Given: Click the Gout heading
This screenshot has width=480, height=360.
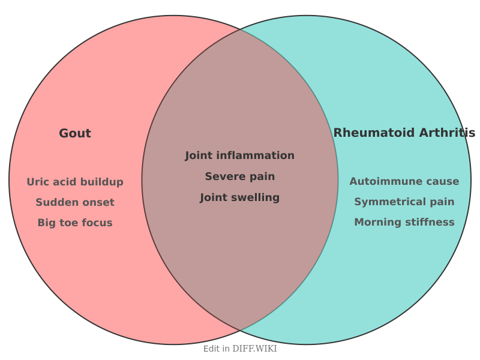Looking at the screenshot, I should click(75, 133).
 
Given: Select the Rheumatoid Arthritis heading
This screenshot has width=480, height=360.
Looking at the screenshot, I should click(404, 133).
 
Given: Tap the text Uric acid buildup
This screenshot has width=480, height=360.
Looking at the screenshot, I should click(75, 182).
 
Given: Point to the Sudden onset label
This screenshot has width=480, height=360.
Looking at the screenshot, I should click(75, 202).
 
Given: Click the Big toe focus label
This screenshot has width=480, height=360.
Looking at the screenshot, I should click(75, 223).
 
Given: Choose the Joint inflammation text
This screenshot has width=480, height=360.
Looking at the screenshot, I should click(240, 155).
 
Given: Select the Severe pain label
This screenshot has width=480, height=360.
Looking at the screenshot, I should click(240, 176).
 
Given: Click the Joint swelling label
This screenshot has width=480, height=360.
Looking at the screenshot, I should click(240, 197).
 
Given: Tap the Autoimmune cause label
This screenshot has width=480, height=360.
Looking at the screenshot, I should click(404, 181).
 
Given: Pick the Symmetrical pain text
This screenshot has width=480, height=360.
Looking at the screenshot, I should click(404, 202).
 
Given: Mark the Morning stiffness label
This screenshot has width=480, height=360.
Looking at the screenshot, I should click(404, 222).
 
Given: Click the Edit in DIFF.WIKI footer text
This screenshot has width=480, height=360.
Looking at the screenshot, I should click(240, 349).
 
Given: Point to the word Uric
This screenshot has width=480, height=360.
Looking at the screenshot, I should click(37, 182).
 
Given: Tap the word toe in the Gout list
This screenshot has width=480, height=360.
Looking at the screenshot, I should click(70, 223).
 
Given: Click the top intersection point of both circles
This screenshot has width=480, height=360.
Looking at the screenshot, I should click(240, 29).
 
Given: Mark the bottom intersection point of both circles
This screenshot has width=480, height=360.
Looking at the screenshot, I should click(240, 331).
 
